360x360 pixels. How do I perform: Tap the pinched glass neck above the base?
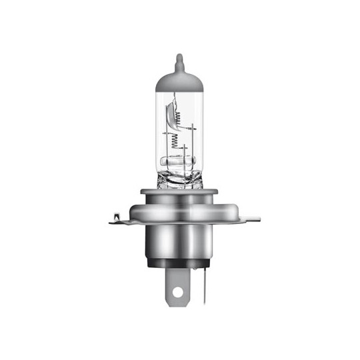[x=180, y=179]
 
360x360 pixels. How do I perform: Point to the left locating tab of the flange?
[x=117, y=217]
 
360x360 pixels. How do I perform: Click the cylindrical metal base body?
[x=180, y=240]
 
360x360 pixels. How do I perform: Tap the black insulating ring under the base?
[x=180, y=263]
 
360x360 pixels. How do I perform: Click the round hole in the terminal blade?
[x=178, y=291]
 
